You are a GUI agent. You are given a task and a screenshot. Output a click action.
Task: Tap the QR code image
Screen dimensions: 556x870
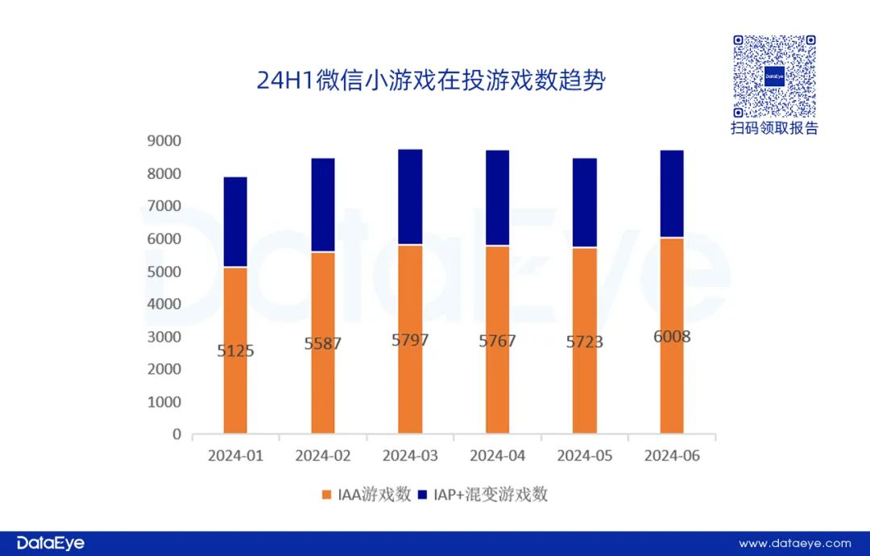pos(774,76)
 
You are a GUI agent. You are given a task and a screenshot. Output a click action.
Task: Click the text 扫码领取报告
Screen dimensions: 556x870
pos(774,129)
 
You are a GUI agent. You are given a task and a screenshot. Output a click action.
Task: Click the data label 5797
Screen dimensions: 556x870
pos(410,340)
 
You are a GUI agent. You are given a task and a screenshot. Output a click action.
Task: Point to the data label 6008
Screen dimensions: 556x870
pos(672,336)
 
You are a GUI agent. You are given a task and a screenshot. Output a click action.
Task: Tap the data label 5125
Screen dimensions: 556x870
pos(235,351)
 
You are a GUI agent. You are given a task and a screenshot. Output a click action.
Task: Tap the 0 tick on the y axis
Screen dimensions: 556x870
pos(176,434)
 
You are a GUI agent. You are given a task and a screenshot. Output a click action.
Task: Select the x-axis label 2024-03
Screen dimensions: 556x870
pos(410,456)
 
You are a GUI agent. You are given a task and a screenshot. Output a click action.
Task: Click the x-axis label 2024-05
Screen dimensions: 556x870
pos(585,456)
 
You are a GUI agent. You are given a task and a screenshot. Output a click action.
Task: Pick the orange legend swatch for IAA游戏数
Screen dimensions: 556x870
pos(326,495)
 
